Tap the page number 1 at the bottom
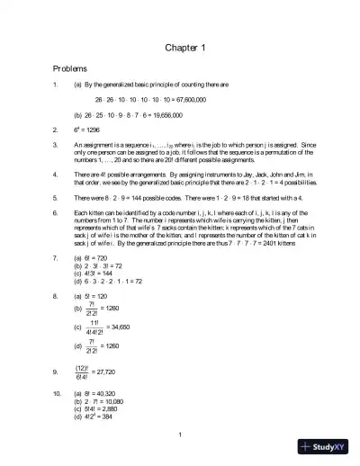[x=180, y=436]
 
